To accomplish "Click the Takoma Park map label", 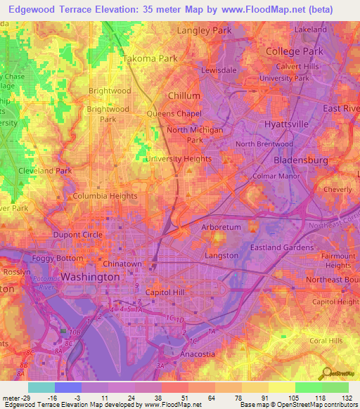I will pos(150,59).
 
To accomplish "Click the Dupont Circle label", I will pos(78,235).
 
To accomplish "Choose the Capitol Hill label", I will pos(168,292).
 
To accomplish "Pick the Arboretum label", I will pos(221,228).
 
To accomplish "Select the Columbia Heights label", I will pos(105,196).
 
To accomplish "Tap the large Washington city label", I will pos(90,278).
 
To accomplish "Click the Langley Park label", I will pos(204,31).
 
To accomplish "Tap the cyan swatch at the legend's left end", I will pos(41,387).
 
